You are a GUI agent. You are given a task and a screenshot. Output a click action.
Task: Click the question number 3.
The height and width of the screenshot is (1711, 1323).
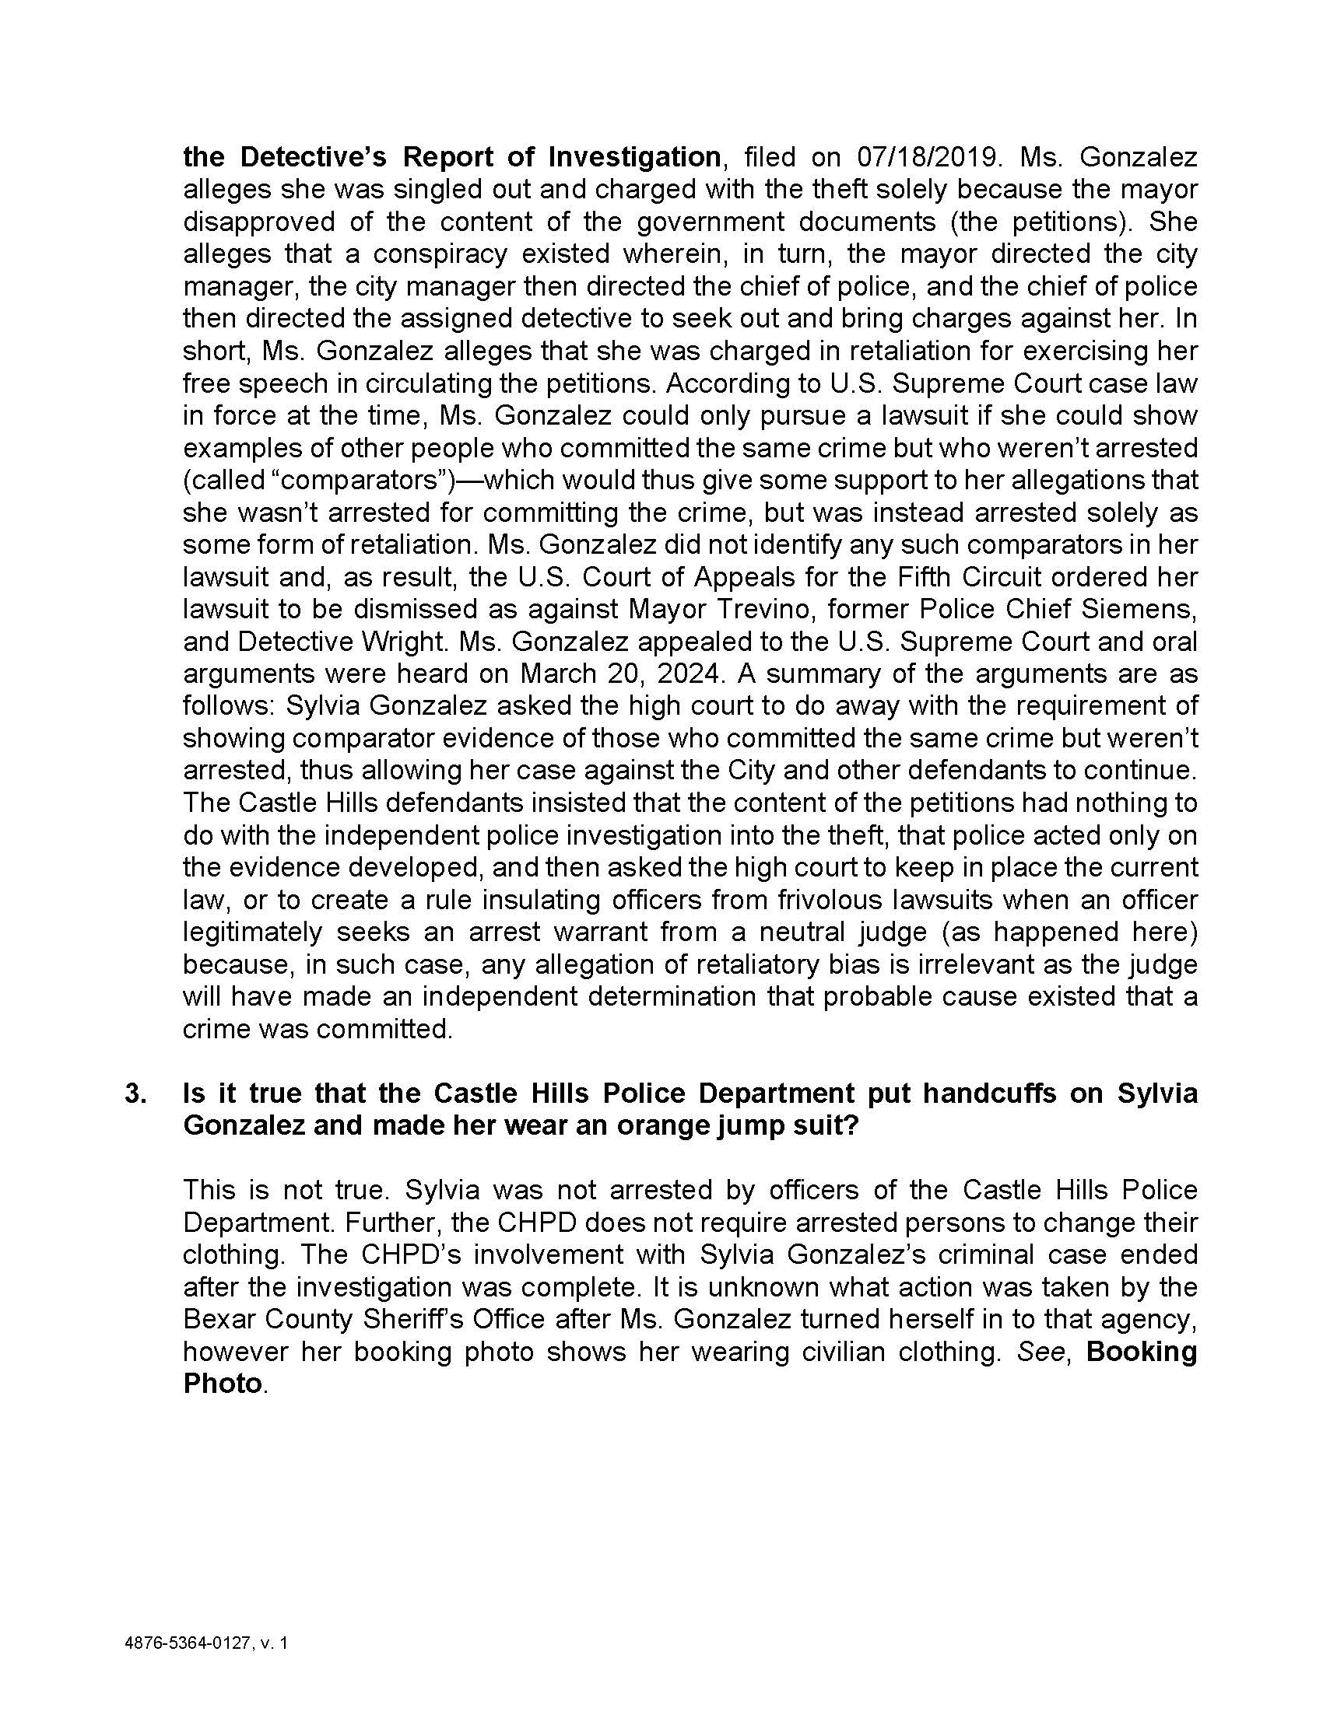click(x=135, y=1093)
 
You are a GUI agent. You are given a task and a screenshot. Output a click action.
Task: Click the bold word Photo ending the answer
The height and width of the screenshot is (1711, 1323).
click(x=223, y=1384)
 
